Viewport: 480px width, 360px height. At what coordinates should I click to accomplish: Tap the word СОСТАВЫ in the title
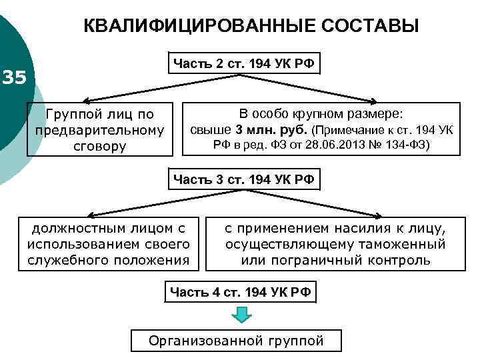(x=370, y=26)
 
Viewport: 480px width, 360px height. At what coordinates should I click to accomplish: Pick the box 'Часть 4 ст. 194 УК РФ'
(x=241, y=291)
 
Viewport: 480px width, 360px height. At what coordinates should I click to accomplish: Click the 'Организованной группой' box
(x=236, y=341)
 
